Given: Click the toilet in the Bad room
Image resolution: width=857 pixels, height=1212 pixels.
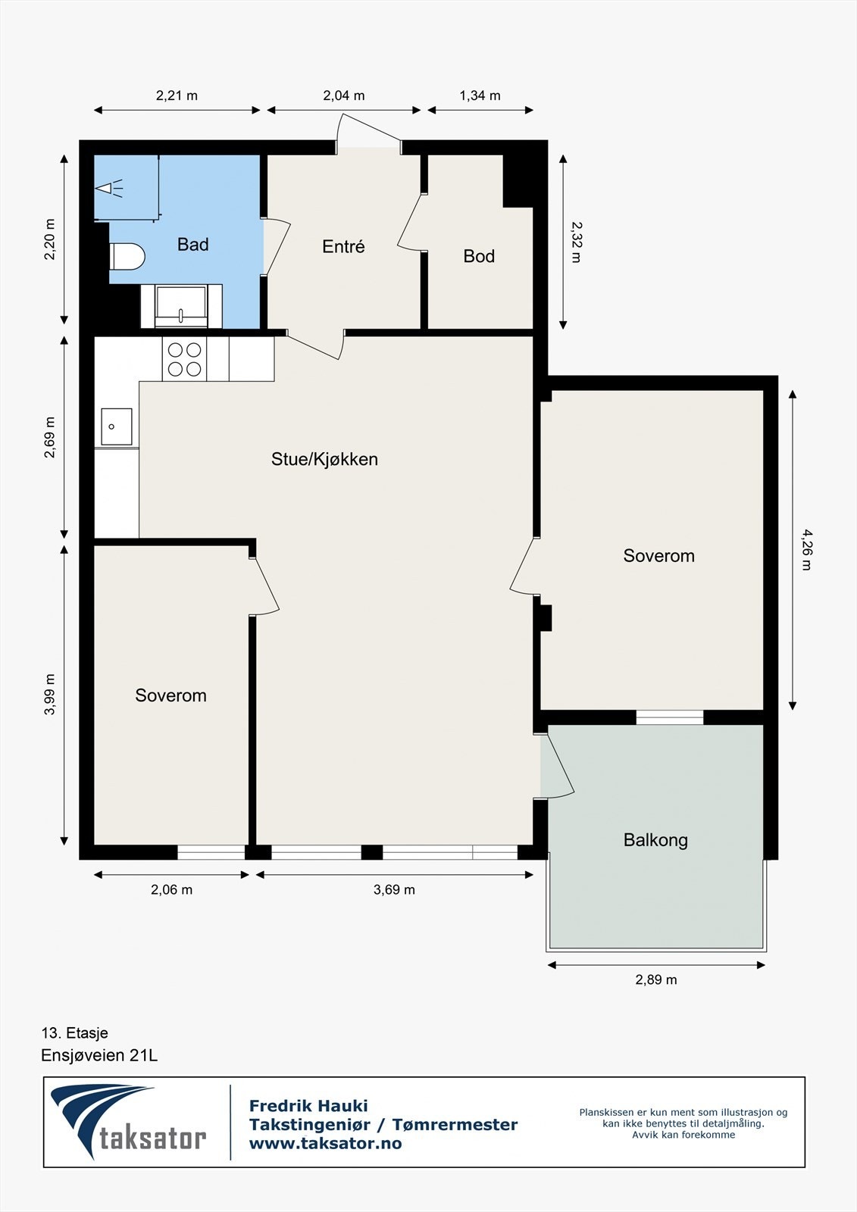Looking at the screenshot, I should (x=127, y=256).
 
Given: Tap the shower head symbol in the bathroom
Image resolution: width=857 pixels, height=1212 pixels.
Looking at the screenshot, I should (x=111, y=187).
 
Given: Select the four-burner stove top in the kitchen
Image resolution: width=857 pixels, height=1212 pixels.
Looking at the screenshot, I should (x=185, y=360).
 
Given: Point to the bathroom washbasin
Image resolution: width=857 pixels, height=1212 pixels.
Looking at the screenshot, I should (x=181, y=307).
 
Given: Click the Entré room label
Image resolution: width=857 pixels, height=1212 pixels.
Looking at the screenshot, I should (x=343, y=247).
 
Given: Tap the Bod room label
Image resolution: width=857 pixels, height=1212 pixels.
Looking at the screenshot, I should (x=479, y=257).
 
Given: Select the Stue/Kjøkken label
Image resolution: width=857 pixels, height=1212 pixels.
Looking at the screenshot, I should (x=324, y=459).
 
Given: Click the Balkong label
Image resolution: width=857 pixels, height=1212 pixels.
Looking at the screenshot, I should (x=655, y=840).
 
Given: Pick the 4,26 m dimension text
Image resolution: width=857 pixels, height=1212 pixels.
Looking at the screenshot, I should (x=805, y=550).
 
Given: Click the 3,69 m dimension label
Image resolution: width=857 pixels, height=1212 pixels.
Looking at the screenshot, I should (x=394, y=890).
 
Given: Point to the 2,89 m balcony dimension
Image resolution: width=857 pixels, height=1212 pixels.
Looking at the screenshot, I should (x=655, y=980).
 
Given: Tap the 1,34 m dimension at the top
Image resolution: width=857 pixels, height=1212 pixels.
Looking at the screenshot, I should (x=480, y=96).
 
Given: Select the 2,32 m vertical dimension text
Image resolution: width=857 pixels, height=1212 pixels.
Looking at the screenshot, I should (x=576, y=242).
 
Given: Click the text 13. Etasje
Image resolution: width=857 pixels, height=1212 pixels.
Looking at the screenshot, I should (x=75, y=1033).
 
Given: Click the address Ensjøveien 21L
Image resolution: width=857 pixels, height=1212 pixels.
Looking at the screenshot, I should (x=99, y=1055).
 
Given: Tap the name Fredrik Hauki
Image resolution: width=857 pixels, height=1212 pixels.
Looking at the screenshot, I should (x=308, y=1107).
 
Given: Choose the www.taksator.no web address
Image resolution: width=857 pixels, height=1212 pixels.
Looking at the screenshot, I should (x=325, y=1144).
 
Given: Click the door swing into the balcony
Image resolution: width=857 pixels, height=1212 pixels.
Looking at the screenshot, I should (x=559, y=765).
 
